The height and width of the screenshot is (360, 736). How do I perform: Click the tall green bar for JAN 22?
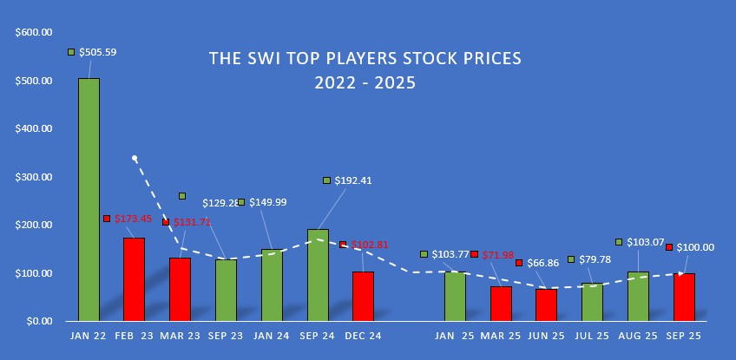click(x=89, y=200)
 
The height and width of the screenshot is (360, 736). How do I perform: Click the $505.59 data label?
click(x=97, y=52)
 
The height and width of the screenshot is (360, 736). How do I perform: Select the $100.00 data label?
click(x=695, y=247)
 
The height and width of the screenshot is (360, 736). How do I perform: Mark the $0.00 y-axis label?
click(x=39, y=321)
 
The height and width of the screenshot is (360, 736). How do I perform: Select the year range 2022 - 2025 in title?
click(x=365, y=84)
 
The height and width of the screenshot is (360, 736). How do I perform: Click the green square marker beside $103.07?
click(x=619, y=242)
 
